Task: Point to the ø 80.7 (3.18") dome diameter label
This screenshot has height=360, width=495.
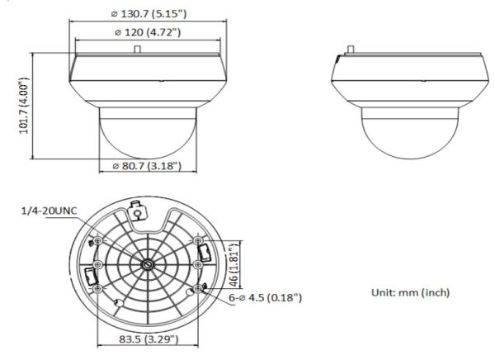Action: click(146, 168)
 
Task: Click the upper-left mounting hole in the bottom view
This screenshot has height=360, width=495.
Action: click(98, 240)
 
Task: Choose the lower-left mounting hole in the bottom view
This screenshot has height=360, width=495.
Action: click(98, 290)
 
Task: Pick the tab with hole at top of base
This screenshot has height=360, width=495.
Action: click(138, 213)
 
